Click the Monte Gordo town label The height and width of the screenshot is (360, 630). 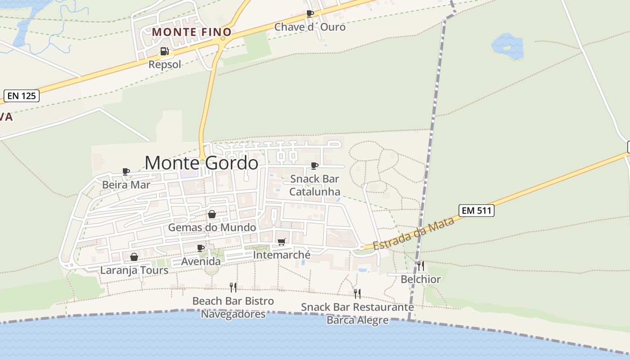[202, 162]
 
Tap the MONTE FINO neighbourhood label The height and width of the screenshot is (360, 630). [192, 32]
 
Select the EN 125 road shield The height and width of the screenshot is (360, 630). [22, 96]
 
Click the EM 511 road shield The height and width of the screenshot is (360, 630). [477, 210]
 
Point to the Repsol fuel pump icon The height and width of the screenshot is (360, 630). [165, 51]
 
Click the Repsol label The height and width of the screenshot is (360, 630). [165, 64]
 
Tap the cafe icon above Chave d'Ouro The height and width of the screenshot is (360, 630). [310, 13]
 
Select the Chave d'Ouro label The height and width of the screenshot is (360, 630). [310, 27]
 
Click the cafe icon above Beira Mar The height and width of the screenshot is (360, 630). [126, 171]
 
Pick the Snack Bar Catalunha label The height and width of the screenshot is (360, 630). [315, 185]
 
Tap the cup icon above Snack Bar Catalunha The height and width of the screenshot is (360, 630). [315, 166]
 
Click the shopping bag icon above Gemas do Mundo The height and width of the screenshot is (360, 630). [212, 214]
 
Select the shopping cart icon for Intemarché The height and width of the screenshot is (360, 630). [282, 242]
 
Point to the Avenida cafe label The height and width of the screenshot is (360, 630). [201, 261]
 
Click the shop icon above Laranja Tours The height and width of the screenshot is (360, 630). [134, 257]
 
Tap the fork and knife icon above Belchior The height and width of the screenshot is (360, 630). [420, 265]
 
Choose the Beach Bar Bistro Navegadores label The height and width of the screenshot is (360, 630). [233, 307]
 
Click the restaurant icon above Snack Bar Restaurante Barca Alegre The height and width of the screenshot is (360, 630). [357, 294]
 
